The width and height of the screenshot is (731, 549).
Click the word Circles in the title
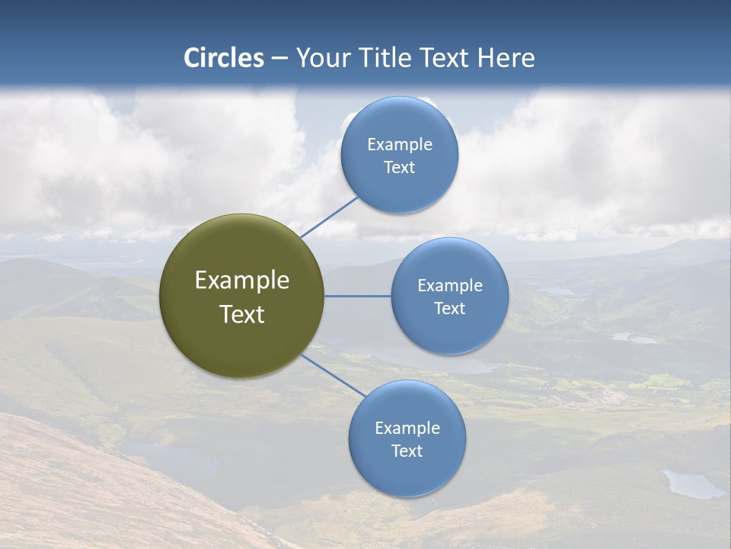[224, 58]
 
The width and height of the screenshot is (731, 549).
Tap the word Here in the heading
[506, 58]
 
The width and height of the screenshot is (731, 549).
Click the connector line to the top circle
[329, 217]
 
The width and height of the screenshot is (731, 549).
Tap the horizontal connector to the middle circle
[358, 296]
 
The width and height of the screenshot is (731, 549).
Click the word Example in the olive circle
[242, 281]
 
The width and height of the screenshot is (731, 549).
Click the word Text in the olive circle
[242, 314]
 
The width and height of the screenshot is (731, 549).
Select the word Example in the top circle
[400, 144]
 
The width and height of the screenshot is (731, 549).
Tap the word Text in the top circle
[400, 167]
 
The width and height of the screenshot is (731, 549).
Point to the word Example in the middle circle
[450, 285]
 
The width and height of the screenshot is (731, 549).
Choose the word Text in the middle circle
[450, 308]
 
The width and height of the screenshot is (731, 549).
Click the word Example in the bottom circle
[407, 428]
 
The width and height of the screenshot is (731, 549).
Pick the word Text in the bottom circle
[407, 451]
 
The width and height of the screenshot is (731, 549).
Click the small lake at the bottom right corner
[691, 483]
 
